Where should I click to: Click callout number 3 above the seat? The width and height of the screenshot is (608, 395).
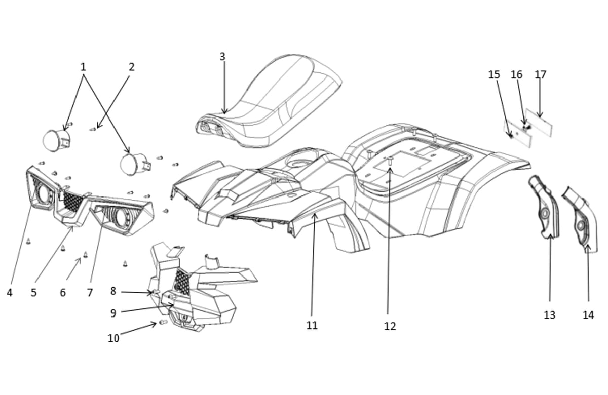pos(222,57)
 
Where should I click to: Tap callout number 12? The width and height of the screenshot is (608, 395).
pos(390,326)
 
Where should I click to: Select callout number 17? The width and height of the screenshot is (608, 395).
pos(540,74)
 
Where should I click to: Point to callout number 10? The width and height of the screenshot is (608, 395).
pos(113,338)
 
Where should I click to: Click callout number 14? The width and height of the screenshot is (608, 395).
pos(588,315)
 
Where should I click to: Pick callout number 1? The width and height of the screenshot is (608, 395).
pos(83,67)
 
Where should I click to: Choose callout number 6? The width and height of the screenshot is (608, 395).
pos(63,293)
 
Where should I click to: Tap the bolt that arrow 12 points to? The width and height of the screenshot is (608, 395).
pos(390,161)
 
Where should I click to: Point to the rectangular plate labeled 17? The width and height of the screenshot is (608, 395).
pos(539,123)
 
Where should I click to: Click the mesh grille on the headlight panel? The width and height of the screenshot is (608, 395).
pos(72,201)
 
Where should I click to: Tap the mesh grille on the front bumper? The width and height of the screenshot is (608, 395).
pos(182,283)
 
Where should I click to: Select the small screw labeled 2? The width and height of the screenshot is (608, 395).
pos(93,130)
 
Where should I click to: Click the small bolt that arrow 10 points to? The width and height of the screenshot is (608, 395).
pos(163,322)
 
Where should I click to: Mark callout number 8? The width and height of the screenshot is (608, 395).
pos(113,291)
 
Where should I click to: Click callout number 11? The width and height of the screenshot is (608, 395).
pos(312,325)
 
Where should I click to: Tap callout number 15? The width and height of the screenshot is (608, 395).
pos(494,74)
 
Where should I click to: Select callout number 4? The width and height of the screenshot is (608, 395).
pos(10,293)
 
